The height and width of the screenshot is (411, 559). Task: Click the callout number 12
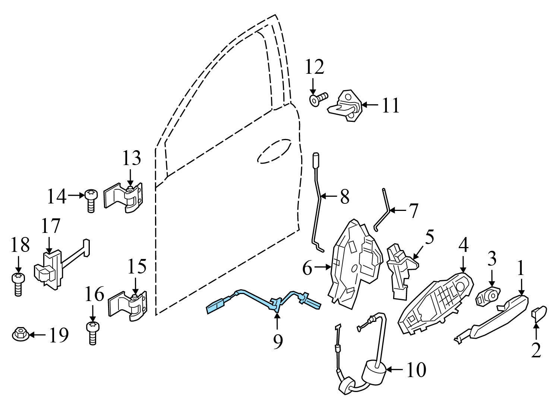coord(315,67)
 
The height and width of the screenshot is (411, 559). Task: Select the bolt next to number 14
coord(90,200)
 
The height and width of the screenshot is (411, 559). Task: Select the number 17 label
coord(50,226)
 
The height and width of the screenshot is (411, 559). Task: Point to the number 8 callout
coord(344,196)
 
